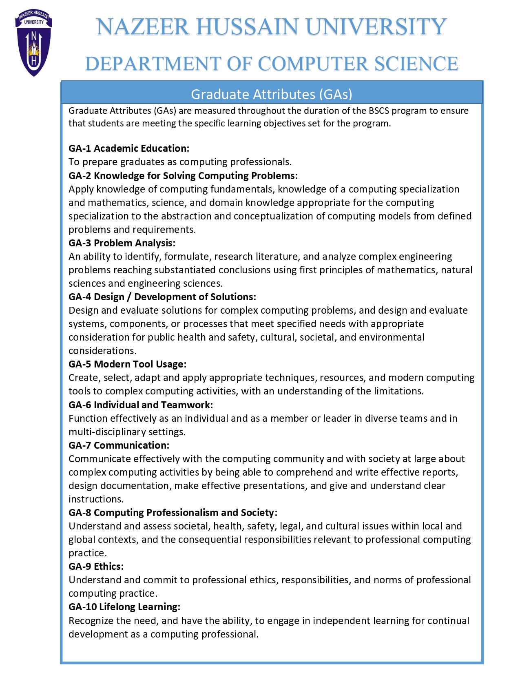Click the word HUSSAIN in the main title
click(x=247, y=27)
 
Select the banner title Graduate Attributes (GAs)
click(x=271, y=94)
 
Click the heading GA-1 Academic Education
click(x=129, y=148)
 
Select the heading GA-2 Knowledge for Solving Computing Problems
click(x=183, y=176)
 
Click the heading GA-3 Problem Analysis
click(x=122, y=243)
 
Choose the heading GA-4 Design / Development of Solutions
click(x=162, y=297)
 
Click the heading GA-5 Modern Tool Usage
click(x=127, y=364)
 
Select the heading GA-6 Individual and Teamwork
click(x=141, y=405)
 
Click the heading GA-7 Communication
click(x=119, y=445)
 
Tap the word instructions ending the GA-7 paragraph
click(x=95, y=499)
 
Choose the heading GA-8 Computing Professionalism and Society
click(x=173, y=513)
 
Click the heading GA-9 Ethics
click(x=96, y=567)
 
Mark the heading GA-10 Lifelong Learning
click(x=124, y=607)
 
